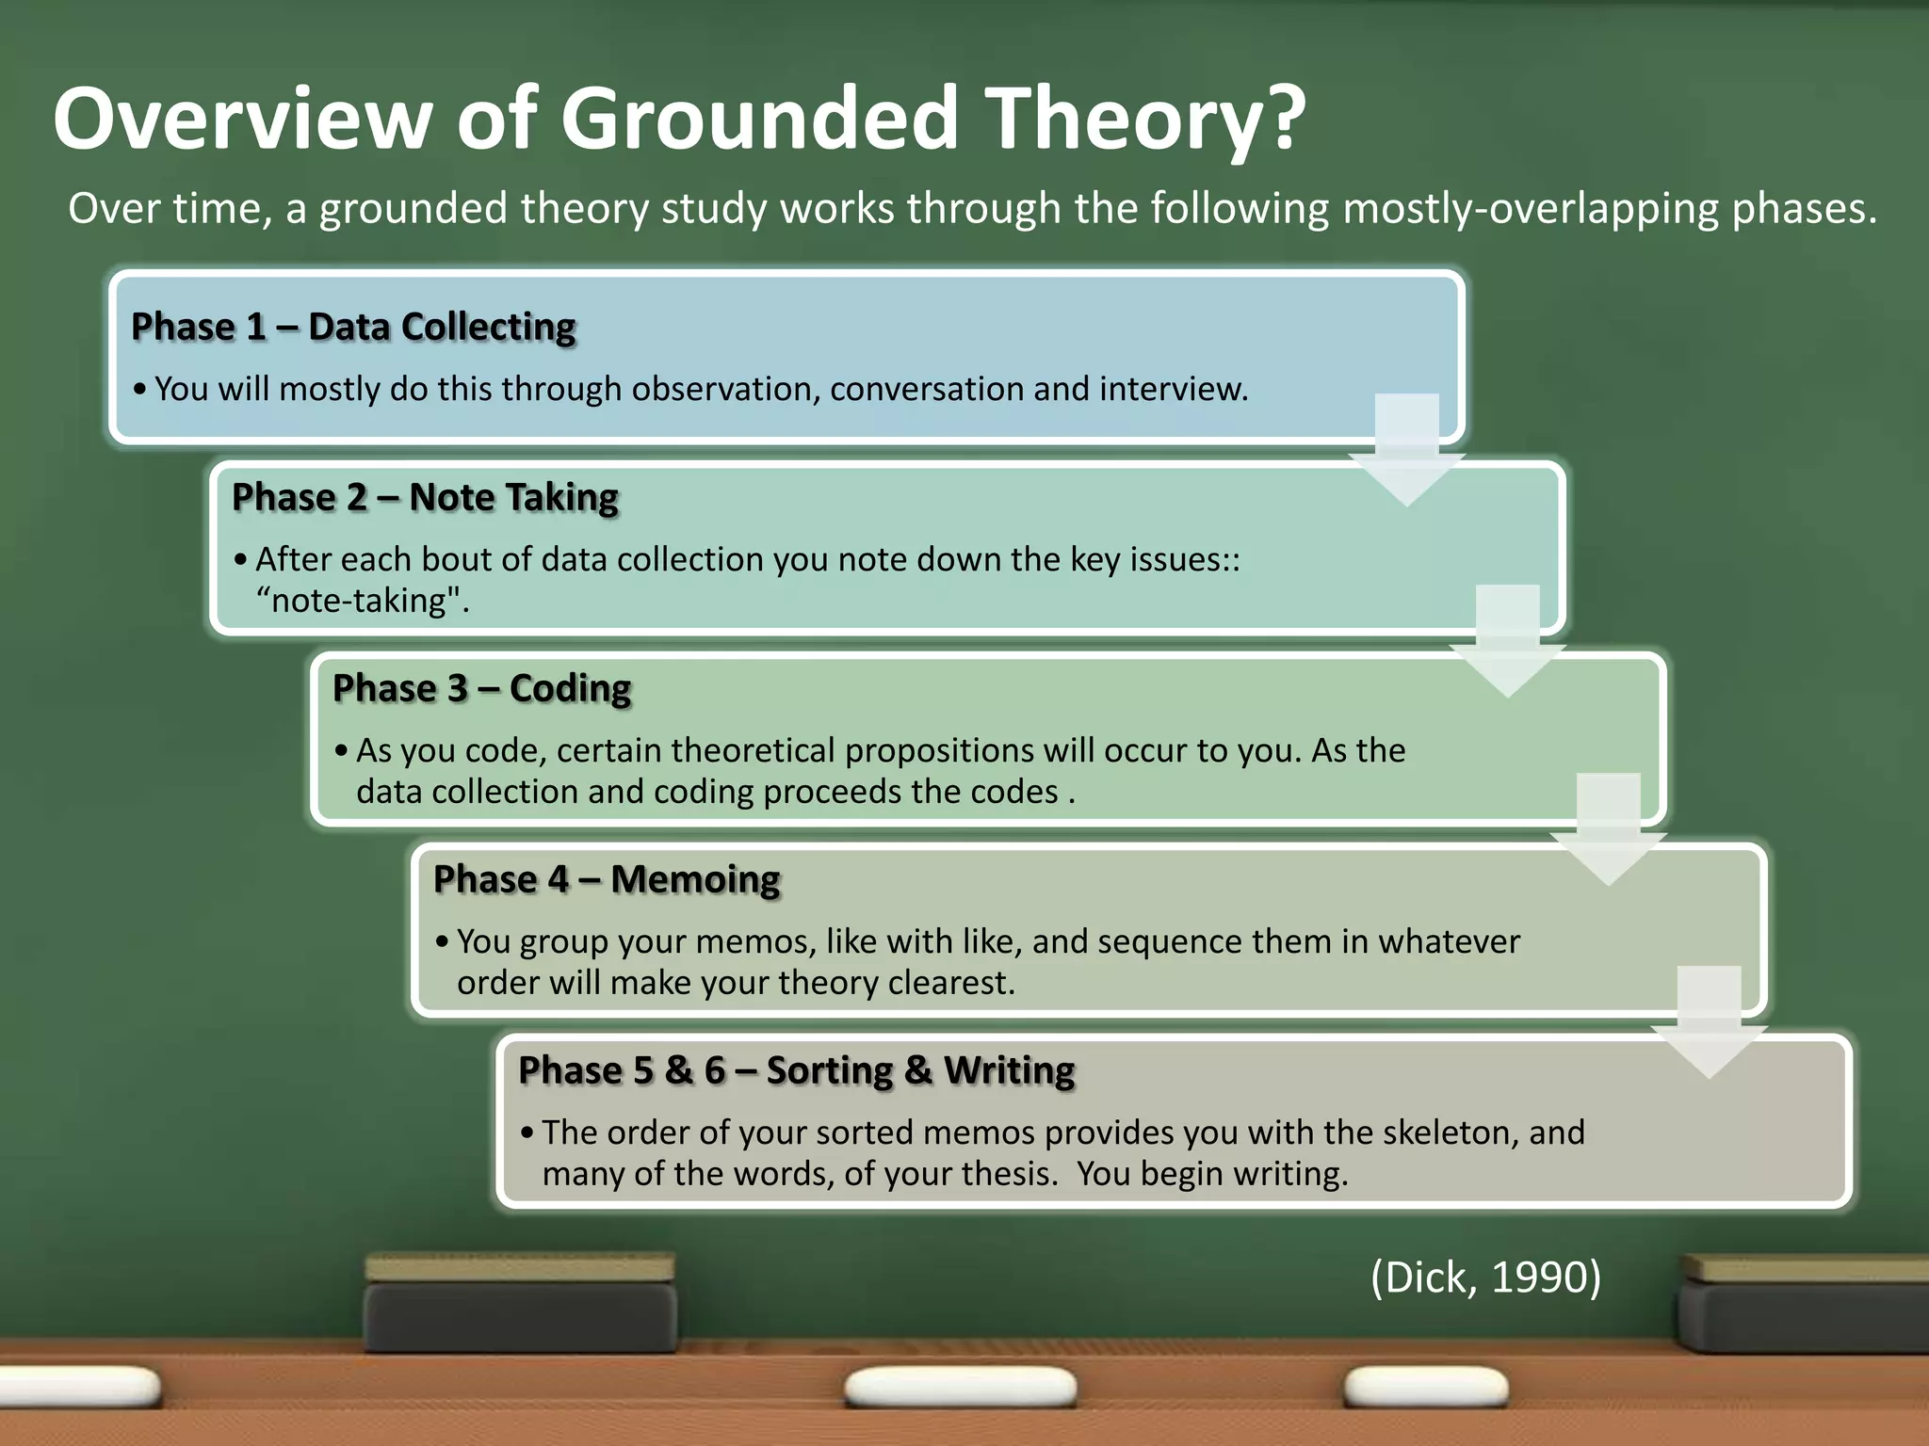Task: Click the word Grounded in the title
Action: tap(759, 119)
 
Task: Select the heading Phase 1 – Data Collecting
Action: tap(353, 327)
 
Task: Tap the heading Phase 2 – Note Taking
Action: tap(425, 497)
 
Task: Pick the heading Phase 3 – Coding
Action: tap(481, 688)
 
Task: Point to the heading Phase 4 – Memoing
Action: tap(607, 879)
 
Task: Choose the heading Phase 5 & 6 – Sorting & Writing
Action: tap(796, 1070)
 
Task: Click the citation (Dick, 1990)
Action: tap(1485, 1277)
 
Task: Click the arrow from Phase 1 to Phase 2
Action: tap(1406, 451)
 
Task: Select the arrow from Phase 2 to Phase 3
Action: tap(1507, 642)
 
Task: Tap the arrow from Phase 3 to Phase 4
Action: tap(1608, 831)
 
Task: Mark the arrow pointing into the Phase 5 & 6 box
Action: tap(1709, 1023)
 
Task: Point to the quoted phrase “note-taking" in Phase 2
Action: tap(363, 601)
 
